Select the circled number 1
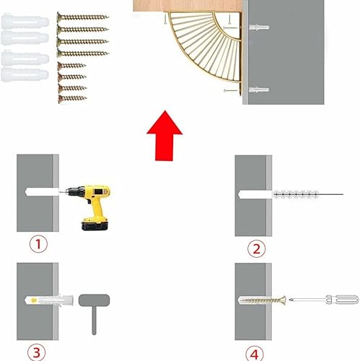38,244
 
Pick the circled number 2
257,248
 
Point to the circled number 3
36,352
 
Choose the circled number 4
255,354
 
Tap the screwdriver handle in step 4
342,300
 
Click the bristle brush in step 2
297,194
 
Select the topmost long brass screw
83,17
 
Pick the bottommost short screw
72,98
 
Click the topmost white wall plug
25,22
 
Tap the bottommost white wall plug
25,74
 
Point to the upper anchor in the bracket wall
259,27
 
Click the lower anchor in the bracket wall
259,90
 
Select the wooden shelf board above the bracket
188,6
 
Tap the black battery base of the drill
95,226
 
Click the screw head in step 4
283,300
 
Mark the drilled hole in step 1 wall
42,192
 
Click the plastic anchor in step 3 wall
49,300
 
